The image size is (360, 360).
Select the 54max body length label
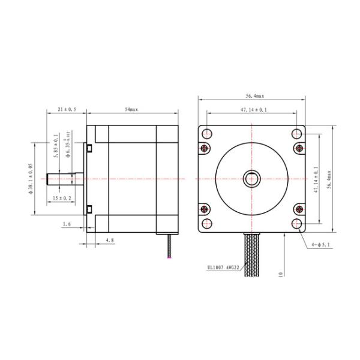[132, 110]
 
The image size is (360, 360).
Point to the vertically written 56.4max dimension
[328, 178]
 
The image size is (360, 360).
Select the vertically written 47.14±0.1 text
[316, 178]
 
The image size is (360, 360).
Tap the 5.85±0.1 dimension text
[55, 146]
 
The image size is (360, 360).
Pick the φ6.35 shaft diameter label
[68, 146]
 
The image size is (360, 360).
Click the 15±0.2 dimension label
[62, 197]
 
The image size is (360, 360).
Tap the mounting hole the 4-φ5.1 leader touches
[298, 223]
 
